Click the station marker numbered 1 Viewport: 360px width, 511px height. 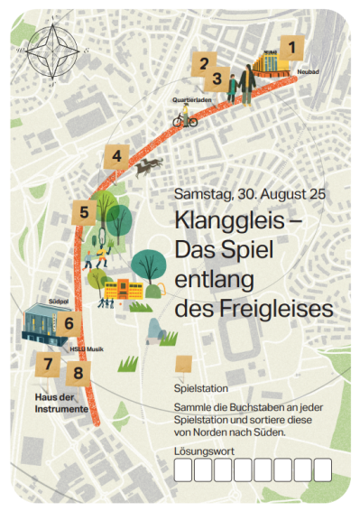click(x=291, y=45)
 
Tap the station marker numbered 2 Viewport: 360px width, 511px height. click(x=204, y=63)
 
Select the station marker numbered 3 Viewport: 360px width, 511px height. click(x=217, y=79)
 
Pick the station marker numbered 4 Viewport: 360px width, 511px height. click(x=115, y=155)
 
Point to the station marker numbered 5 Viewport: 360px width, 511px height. click(x=84, y=213)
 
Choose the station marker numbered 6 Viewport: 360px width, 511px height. click(x=69, y=321)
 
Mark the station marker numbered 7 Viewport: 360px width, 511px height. click(x=47, y=365)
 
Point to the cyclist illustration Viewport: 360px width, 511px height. click(x=186, y=117)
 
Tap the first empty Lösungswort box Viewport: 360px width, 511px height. click(x=182, y=469)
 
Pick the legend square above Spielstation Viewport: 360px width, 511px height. click(x=183, y=363)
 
